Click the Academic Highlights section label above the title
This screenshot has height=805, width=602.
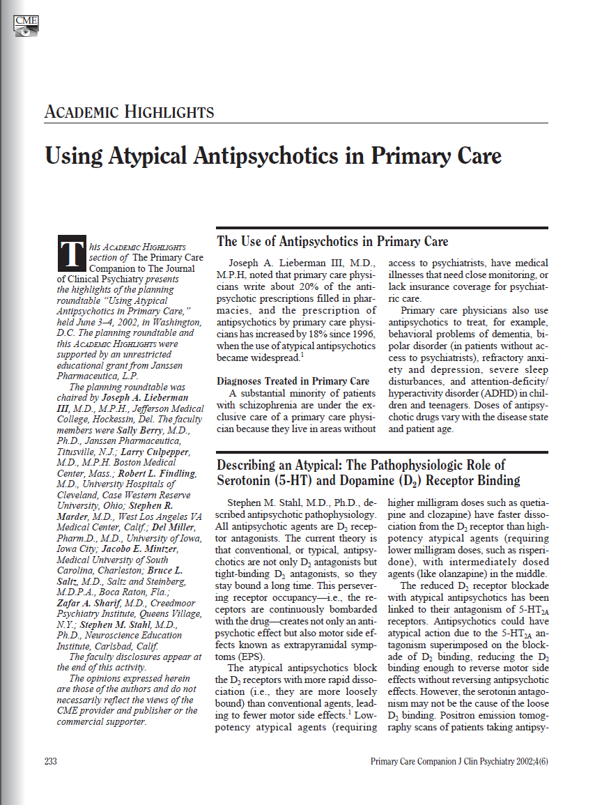pyautogui.click(x=129, y=112)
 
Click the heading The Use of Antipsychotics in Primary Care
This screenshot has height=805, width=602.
pyautogui.click(x=332, y=242)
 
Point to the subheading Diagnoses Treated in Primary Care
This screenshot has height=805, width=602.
pyautogui.click(x=293, y=381)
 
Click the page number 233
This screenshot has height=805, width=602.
pyautogui.click(x=50, y=761)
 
